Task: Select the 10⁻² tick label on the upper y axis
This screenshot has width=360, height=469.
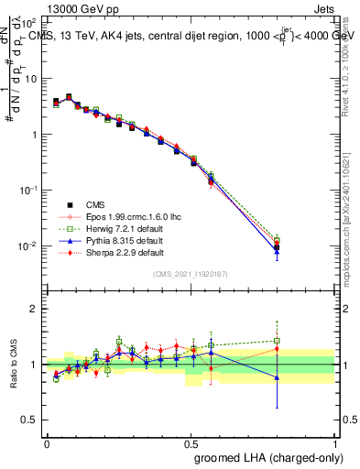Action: (x=27, y=246)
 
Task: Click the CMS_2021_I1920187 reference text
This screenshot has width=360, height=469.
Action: (x=191, y=274)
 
